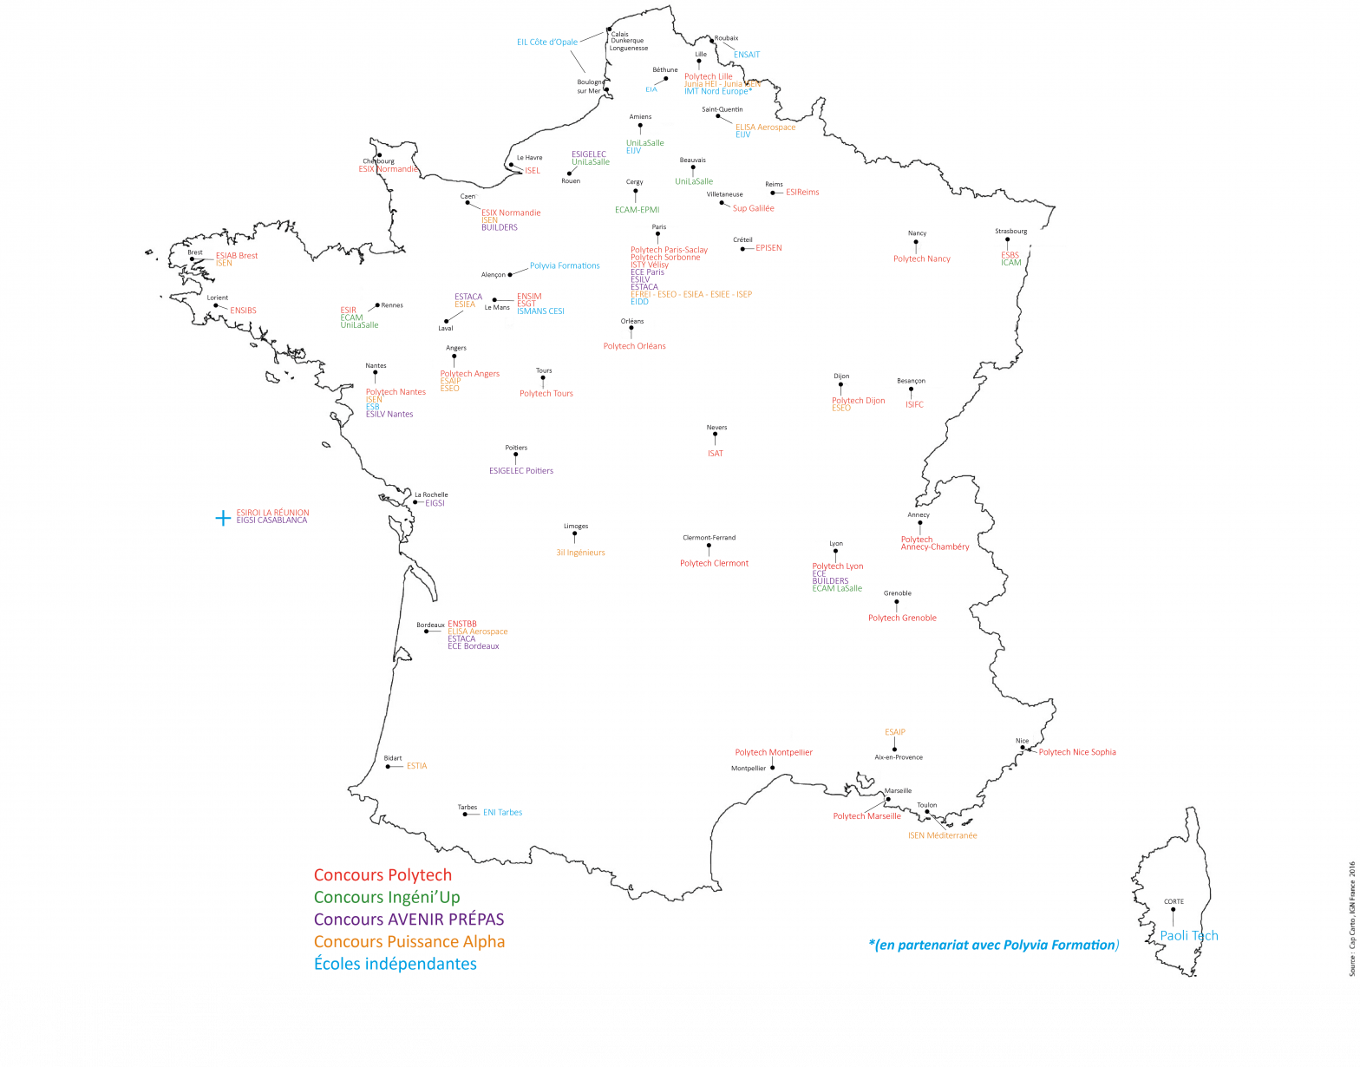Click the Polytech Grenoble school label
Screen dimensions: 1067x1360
coord(902,618)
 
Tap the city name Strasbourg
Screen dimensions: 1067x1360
coord(1010,232)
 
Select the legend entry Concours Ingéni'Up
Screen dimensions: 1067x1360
coord(387,897)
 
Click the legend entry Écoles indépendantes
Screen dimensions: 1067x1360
coord(395,964)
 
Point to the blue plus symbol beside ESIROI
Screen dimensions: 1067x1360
coord(223,518)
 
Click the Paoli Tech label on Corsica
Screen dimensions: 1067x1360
coord(1189,935)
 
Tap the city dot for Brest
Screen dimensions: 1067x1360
coord(193,259)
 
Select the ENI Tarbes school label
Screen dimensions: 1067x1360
coord(502,813)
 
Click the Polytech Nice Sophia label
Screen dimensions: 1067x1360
coord(1077,752)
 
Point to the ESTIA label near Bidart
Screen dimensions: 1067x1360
coord(416,766)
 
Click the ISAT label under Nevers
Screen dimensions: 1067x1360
coord(715,454)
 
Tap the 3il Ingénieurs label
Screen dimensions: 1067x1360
coord(580,553)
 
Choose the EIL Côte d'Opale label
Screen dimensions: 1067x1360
coord(547,42)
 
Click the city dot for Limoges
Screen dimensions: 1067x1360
coord(575,537)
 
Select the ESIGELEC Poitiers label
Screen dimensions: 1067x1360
coord(520,471)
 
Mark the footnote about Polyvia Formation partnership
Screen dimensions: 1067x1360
coord(993,945)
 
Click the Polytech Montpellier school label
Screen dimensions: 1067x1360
coord(774,752)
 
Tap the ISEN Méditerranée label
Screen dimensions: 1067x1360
coord(942,835)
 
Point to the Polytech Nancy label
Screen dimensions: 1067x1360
coord(922,259)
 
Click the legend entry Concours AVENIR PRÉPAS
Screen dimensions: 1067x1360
coord(409,920)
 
